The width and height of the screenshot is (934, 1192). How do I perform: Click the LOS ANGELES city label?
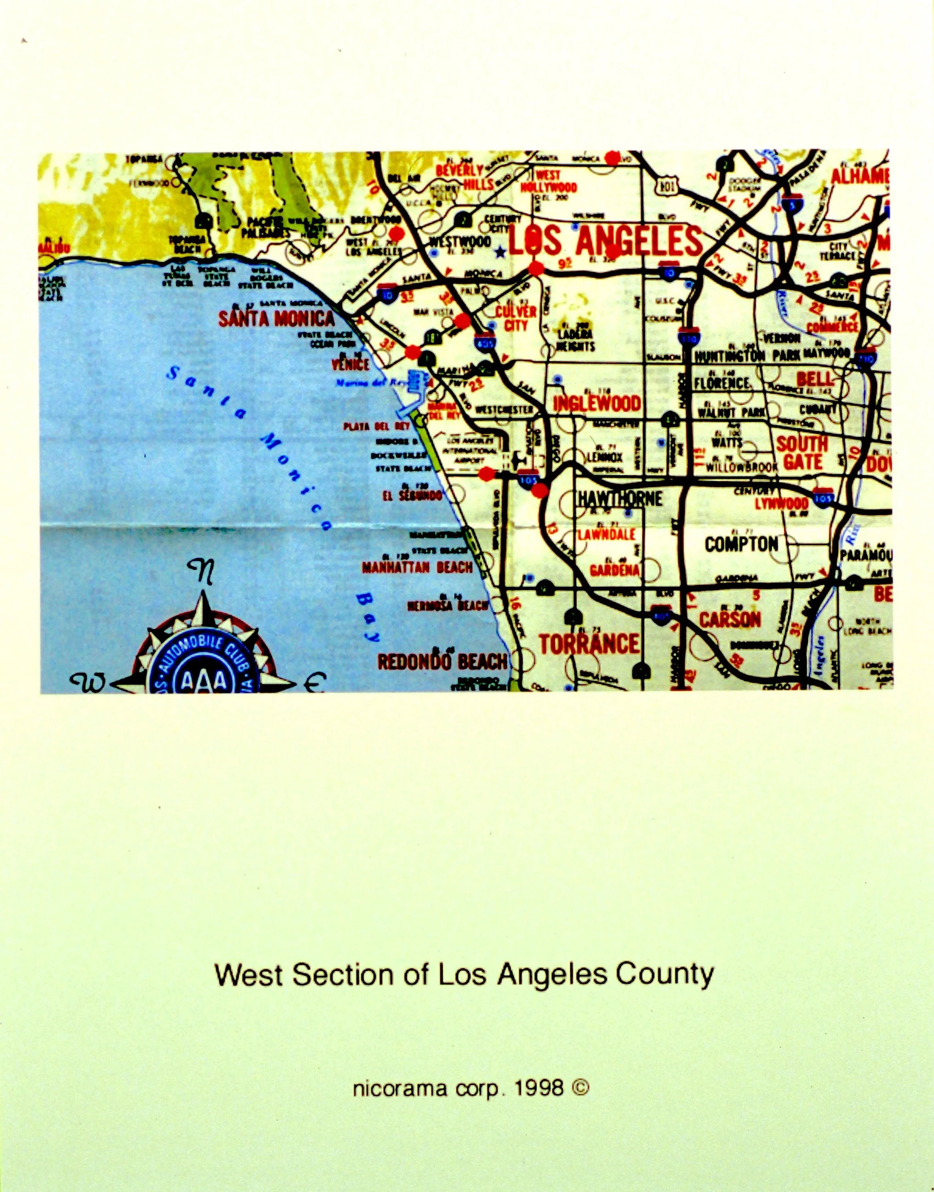pyautogui.click(x=605, y=241)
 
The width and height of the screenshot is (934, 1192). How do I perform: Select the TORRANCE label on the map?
pyautogui.click(x=589, y=643)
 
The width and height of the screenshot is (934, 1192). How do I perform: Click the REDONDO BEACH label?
pyautogui.click(x=442, y=662)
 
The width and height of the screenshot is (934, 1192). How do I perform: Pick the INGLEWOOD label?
pyautogui.click(x=597, y=404)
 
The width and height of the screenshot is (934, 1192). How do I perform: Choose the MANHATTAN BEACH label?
pyautogui.click(x=417, y=568)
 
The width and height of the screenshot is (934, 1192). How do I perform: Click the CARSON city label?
pyautogui.click(x=730, y=620)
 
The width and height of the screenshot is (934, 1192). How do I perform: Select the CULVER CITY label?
pyautogui.click(x=515, y=318)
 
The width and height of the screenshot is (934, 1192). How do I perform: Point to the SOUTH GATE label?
pyautogui.click(x=802, y=453)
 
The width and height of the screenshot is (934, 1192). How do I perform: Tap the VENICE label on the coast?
pyautogui.click(x=351, y=364)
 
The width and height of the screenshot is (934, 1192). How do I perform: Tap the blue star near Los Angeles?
pyautogui.click(x=499, y=252)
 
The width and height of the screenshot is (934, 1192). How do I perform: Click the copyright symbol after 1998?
pyautogui.click(x=580, y=1088)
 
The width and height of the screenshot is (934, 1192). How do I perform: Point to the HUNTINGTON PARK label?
pyautogui.click(x=742, y=356)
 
